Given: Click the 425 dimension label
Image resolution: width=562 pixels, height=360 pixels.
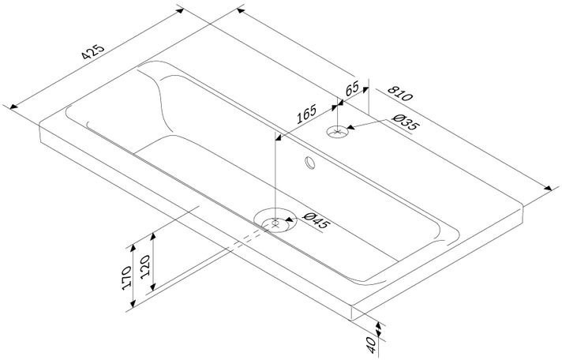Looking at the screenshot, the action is [x=93, y=51].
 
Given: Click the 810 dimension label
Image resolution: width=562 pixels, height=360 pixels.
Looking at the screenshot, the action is [x=400, y=94].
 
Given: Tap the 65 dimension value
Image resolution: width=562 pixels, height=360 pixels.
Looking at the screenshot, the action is [x=352, y=88].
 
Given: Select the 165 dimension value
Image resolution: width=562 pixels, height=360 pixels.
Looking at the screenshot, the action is [x=307, y=114].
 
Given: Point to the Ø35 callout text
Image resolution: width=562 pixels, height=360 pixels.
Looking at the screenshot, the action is [x=405, y=122].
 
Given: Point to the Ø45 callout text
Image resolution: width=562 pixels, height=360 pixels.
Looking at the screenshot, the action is [x=316, y=220].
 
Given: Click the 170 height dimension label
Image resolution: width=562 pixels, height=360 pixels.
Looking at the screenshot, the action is [x=126, y=278].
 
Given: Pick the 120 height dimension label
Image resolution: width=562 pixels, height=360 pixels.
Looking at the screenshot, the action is [x=144, y=267].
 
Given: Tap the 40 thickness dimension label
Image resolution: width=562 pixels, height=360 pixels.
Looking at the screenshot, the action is [x=371, y=345].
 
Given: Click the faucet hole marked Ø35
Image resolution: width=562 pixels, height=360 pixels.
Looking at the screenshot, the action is [x=337, y=132].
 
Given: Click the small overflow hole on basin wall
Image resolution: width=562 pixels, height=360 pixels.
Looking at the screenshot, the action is [x=310, y=163].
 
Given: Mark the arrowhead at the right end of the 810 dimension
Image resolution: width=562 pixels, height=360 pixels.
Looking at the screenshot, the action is [x=548, y=188].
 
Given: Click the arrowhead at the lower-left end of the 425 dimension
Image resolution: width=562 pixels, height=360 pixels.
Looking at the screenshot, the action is [x=13, y=107].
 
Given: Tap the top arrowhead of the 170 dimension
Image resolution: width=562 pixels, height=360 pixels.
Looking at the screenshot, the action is [x=133, y=248].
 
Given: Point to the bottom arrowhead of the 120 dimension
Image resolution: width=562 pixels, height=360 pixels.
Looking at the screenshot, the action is [x=153, y=287].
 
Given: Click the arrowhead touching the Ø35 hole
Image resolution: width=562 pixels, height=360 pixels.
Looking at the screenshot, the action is [x=351, y=127].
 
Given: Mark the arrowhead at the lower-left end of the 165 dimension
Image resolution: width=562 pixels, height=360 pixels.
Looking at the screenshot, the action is [x=279, y=137].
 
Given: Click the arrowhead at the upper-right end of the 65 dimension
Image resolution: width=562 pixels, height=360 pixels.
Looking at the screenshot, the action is [x=365, y=89].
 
